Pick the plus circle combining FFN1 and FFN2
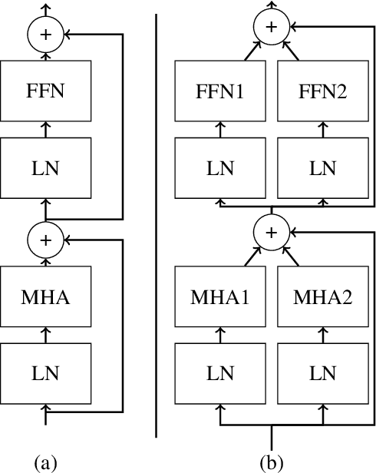(x=269, y=27)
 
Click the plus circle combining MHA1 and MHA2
(x=269, y=230)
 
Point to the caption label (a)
(x=45, y=462)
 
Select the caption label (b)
(x=269, y=462)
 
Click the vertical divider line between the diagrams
(x=157, y=230)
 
